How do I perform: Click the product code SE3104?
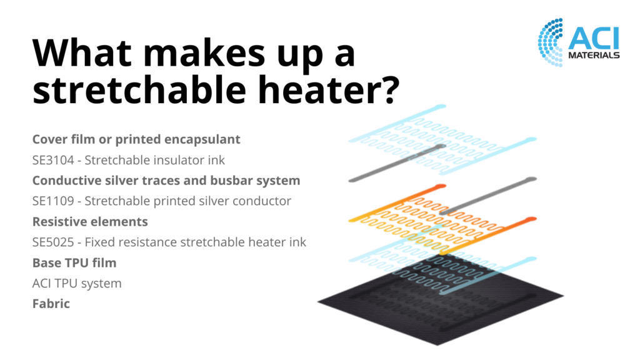[53, 161]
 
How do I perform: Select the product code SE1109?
[53, 201]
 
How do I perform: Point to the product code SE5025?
[53, 242]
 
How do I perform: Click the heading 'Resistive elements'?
[90, 222]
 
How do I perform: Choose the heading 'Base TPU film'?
[74, 263]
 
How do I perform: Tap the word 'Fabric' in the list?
[51, 304]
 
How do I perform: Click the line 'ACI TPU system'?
[77, 283]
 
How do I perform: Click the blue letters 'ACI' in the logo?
[594, 38]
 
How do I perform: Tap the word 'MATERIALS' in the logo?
[594, 55]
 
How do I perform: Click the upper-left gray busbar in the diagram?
[397, 163]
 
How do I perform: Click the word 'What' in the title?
[82, 53]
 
